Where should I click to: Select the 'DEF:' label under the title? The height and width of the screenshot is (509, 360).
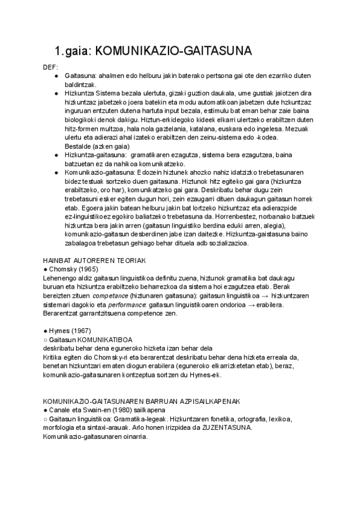[x=51, y=67]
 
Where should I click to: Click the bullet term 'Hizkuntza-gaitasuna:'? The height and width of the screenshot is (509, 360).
[x=91, y=155]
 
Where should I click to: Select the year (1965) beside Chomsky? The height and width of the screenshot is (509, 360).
[x=84, y=270]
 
